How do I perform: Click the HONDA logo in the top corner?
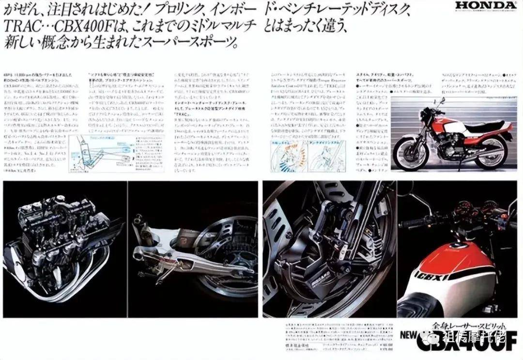pyautogui.click(x=486, y=6)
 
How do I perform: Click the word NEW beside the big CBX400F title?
pyautogui.click(x=407, y=334)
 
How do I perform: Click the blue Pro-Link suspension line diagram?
pyautogui.click(x=99, y=150)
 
